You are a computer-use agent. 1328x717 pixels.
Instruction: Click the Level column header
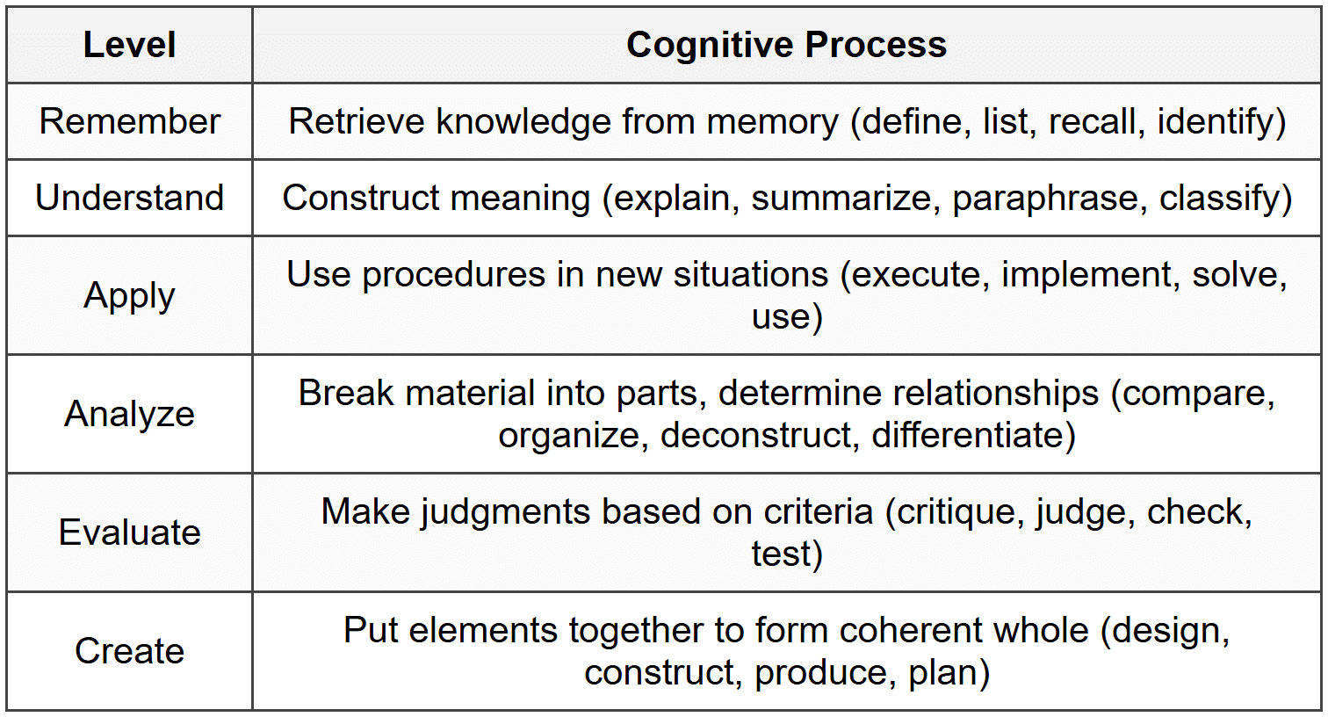(129, 45)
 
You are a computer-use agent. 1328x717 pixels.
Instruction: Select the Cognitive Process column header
(786, 45)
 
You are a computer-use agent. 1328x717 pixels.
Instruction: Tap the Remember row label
(129, 121)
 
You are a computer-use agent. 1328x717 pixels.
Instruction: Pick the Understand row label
(129, 198)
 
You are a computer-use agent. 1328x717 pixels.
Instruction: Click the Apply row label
(129, 296)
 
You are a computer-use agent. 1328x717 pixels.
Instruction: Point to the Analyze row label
(129, 414)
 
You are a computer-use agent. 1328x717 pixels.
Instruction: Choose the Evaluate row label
(129, 532)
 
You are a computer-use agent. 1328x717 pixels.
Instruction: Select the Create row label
(129, 651)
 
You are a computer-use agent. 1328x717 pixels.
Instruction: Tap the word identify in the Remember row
(1216, 121)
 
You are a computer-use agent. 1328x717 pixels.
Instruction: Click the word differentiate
(968, 435)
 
